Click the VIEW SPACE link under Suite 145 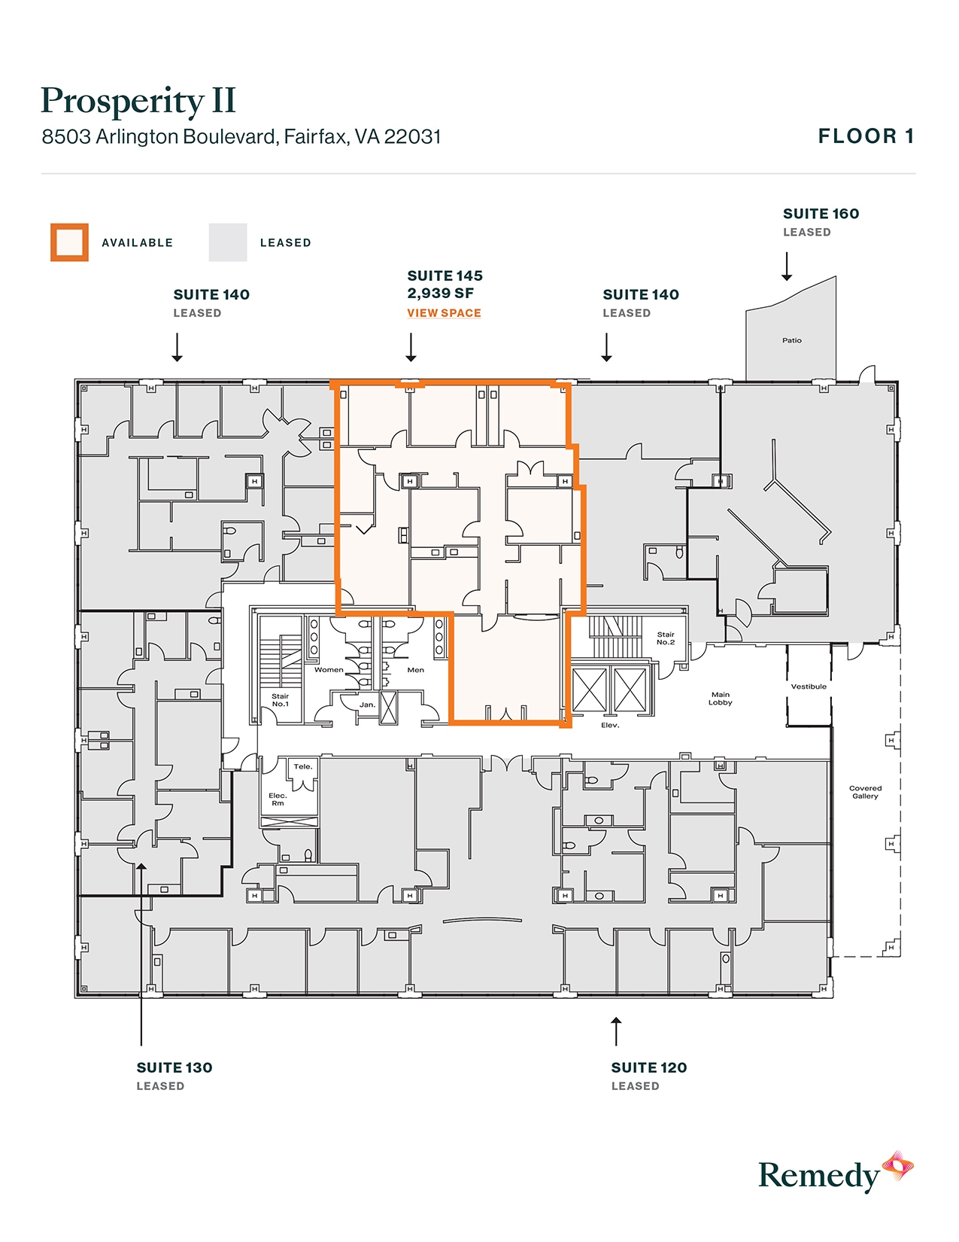444,313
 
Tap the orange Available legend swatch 69,242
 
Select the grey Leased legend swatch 228,242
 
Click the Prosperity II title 138,102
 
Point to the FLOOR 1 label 866,136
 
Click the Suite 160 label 821,214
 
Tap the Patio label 791,340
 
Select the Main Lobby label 720,699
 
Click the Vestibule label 809,686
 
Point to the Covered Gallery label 865,792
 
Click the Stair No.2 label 666,638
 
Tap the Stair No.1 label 280,700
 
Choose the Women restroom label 329,669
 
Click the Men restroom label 415,669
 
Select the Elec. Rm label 278,799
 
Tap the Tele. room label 302,766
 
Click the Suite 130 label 175,1067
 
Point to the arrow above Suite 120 616,1030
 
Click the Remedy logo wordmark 818,1176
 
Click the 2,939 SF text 440,294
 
